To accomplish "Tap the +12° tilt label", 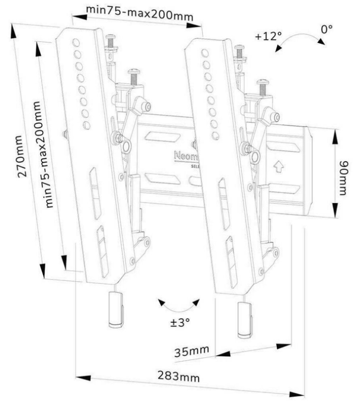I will [268, 36].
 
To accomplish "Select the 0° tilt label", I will [326, 29].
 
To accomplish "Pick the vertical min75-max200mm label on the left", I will [45, 154].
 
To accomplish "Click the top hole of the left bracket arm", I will [76, 42].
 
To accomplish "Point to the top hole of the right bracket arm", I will [205, 52].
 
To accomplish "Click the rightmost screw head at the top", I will [263, 83].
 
